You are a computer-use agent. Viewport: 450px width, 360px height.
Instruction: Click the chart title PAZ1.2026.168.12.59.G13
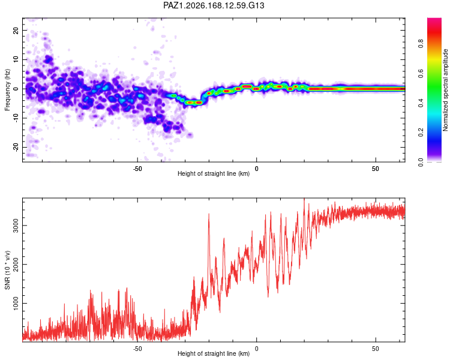click(214, 5)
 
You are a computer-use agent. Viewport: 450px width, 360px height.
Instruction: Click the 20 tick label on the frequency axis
click(16, 30)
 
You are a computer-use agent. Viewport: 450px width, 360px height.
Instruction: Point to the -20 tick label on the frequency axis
click(16, 147)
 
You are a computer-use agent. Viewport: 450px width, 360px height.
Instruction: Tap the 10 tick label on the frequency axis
click(16, 59)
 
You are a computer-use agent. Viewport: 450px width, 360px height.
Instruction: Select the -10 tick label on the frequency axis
click(16, 118)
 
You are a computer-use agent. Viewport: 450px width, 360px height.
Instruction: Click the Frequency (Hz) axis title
click(7, 90)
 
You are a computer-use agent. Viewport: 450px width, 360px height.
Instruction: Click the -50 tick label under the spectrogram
click(137, 169)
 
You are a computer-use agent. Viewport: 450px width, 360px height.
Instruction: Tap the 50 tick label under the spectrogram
click(376, 169)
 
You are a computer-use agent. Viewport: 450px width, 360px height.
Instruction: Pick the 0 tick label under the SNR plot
click(257, 349)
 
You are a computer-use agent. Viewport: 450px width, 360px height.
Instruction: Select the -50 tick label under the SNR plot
click(137, 349)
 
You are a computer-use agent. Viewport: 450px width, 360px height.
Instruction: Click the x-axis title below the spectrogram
click(214, 173)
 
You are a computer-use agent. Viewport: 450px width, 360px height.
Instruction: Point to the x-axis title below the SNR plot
click(214, 353)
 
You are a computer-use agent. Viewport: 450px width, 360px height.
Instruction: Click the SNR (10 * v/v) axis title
click(7, 270)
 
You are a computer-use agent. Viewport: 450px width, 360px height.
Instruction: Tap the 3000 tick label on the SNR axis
click(16, 226)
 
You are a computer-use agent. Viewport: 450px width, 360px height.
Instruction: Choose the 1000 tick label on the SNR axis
click(16, 303)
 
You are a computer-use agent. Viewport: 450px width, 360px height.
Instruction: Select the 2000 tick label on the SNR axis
click(16, 265)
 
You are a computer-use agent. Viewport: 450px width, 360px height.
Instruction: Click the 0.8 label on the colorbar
click(421, 44)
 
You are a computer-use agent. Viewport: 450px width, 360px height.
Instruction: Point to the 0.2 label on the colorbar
click(421, 133)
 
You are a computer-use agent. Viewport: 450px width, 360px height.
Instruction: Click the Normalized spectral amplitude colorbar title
click(445, 90)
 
